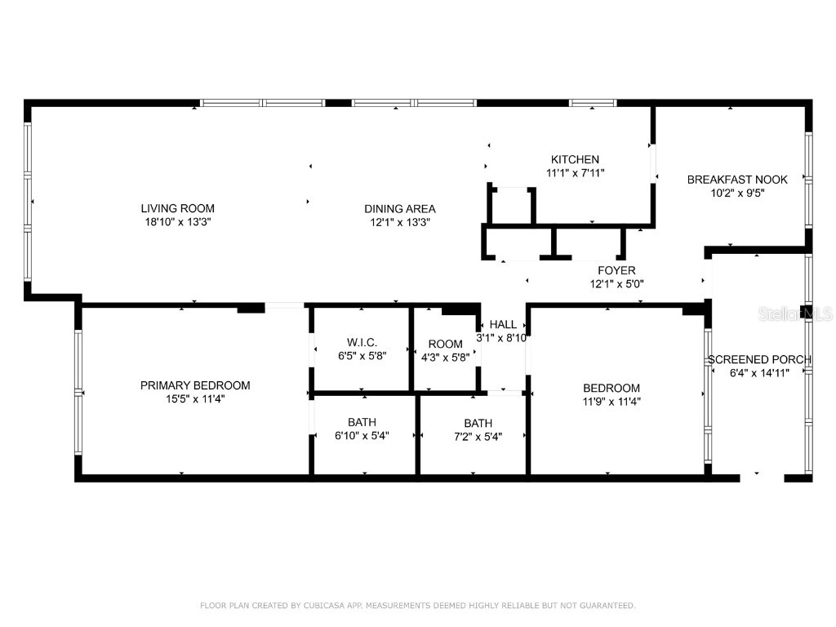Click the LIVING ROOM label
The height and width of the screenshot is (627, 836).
pyautogui.click(x=177, y=208)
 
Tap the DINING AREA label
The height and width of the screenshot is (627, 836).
pyautogui.click(x=399, y=208)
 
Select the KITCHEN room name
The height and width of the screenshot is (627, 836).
pyautogui.click(x=575, y=159)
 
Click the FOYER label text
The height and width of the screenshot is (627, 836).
pyautogui.click(x=616, y=270)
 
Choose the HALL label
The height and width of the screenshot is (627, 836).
pyautogui.click(x=503, y=324)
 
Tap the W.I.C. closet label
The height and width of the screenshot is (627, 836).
pyautogui.click(x=362, y=343)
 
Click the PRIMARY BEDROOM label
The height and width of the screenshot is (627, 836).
pyautogui.click(x=195, y=385)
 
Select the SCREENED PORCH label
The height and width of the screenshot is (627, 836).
pyautogui.click(x=759, y=359)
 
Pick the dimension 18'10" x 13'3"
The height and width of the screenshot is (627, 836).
pyautogui.click(x=177, y=221)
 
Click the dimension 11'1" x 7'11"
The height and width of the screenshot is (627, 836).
pyautogui.click(x=575, y=172)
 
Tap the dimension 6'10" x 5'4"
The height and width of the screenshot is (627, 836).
pyautogui.click(x=362, y=436)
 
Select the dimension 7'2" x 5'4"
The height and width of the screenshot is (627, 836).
pyautogui.click(x=478, y=436)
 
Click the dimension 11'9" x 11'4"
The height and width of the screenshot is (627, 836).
pyautogui.click(x=611, y=401)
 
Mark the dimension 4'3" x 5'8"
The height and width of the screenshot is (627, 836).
pyautogui.click(x=445, y=357)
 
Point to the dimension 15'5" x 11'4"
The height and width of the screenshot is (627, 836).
pyautogui.click(x=195, y=398)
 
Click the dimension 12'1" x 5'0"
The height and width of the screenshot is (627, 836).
pyautogui.click(x=616, y=283)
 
